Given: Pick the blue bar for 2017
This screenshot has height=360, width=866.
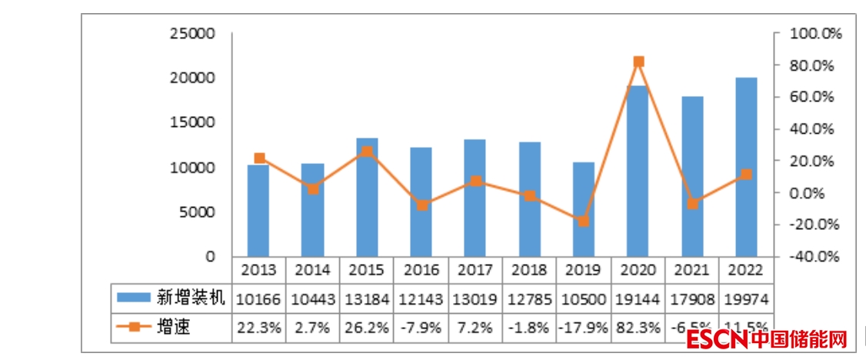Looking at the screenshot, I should click(475, 197).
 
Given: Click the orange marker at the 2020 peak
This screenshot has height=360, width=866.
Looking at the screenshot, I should click(638, 62).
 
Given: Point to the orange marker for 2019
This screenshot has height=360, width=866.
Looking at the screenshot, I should click(584, 222).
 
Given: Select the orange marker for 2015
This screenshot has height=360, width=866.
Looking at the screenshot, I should click(367, 152).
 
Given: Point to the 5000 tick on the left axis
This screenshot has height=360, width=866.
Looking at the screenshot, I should click(198, 212).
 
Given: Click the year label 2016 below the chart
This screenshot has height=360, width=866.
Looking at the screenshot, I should click(421, 270).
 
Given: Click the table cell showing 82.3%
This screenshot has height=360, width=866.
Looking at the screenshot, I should click(638, 328).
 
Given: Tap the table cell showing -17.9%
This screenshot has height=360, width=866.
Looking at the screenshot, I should click(583, 328).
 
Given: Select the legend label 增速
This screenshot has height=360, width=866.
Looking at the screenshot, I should click(173, 328).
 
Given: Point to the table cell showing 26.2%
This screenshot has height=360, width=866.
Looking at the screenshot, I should click(367, 328).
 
